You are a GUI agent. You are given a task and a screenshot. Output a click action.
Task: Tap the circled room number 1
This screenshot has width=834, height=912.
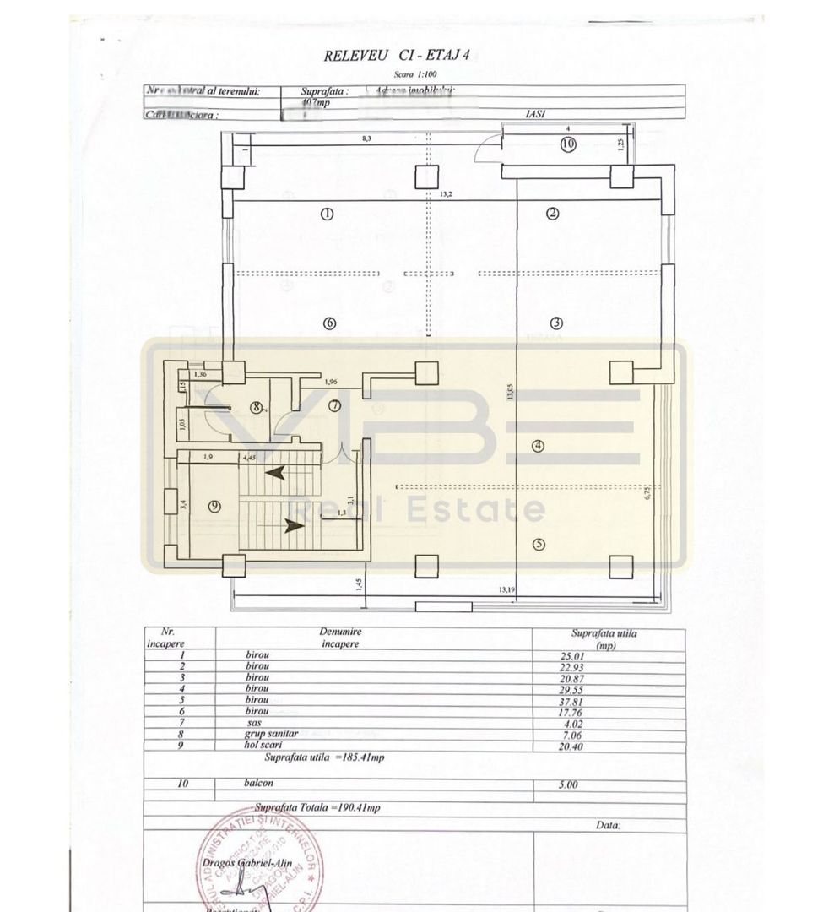tap(328, 214)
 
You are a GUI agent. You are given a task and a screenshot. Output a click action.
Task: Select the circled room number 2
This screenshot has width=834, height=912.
tap(554, 214)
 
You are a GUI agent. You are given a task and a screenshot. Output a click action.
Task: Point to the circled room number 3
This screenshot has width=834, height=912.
tap(555, 322)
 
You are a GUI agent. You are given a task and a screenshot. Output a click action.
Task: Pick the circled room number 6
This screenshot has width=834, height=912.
tap(329, 322)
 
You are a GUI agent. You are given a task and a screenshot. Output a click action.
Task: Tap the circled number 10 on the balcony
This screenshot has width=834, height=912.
tap(567, 144)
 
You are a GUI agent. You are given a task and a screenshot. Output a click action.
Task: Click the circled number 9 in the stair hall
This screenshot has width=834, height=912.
tap(215, 506)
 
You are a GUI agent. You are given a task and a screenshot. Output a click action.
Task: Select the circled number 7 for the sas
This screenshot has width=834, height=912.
tap(335, 406)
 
